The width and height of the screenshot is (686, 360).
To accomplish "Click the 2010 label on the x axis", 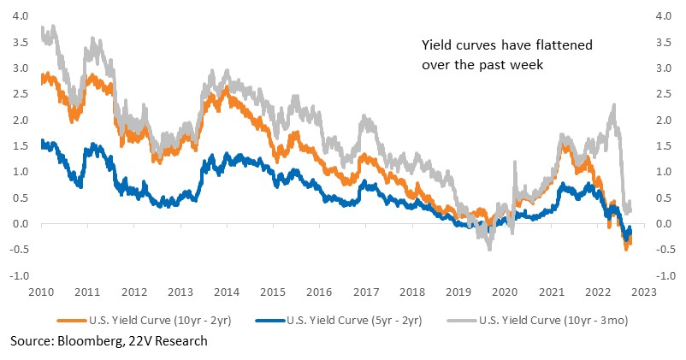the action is tap(41, 292).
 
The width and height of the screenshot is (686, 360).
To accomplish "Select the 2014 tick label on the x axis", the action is tap(227, 292).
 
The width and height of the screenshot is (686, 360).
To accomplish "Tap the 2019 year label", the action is tap(458, 292).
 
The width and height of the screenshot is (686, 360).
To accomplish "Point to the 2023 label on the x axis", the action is tap(644, 292).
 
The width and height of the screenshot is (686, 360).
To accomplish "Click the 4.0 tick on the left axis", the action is tap(21, 16).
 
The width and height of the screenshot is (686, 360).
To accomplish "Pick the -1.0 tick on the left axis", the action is tap(19, 276).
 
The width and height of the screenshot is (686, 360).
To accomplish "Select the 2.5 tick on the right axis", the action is tap(664, 94).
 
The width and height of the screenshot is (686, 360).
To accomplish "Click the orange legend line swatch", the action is tap(72, 321).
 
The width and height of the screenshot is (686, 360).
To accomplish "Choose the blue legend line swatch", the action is tap(270, 321).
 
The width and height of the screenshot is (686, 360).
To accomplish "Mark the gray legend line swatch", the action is tap(462, 321).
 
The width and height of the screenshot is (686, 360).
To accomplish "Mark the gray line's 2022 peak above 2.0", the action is tap(614, 105).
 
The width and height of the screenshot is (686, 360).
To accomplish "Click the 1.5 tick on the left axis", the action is tap(21, 145).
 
